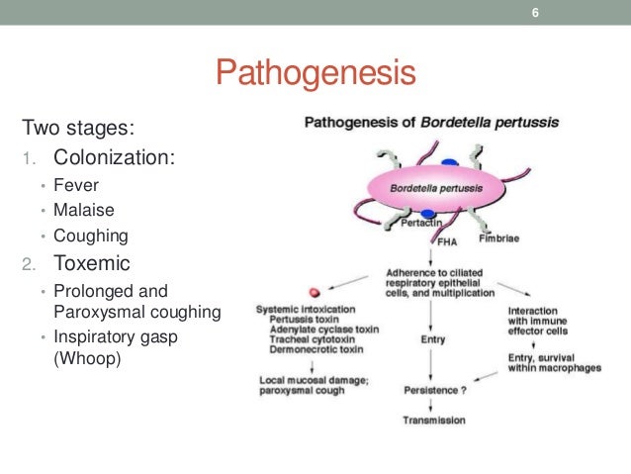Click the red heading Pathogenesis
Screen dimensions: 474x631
click(315, 73)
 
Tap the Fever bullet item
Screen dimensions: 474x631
click(77, 185)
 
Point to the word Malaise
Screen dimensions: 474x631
click(82, 211)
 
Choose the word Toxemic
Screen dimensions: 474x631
click(92, 264)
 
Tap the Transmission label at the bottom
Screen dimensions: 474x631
click(432, 421)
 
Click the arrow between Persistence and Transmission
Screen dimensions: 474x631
click(431, 405)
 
